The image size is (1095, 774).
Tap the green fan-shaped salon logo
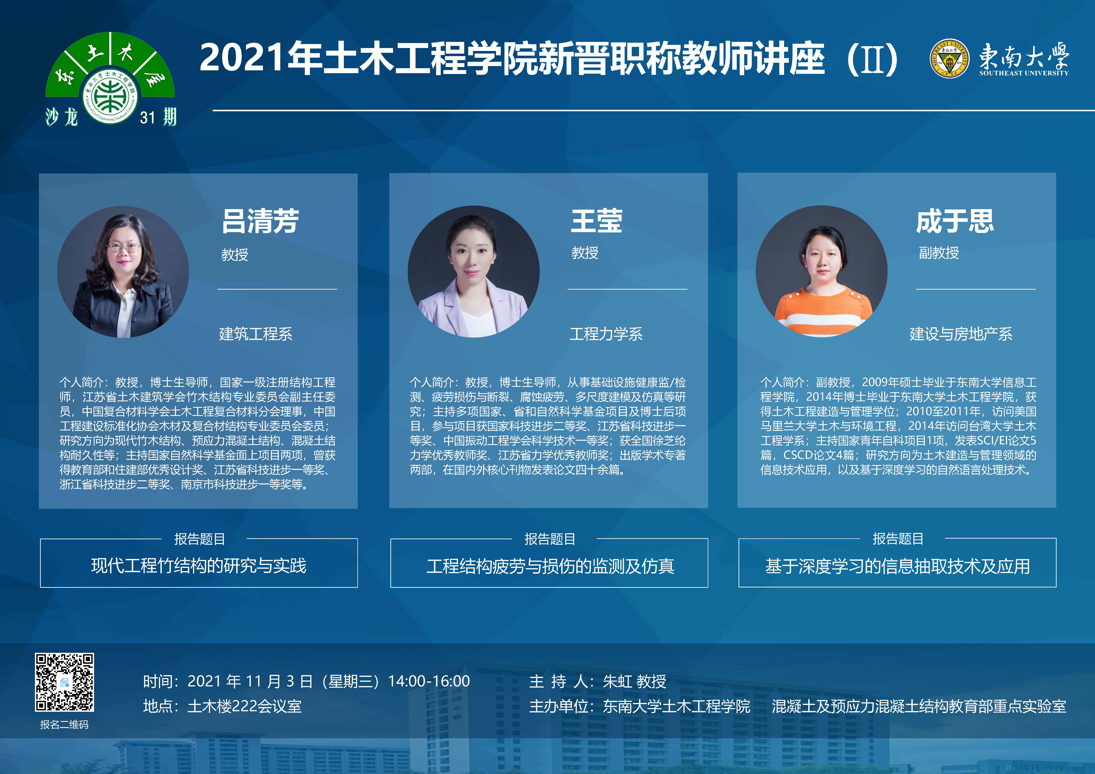pos(110,79)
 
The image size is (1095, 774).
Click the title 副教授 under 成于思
pos(939,253)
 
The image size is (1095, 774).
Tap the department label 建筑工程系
pos(256,334)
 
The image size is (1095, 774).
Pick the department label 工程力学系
pos(606,334)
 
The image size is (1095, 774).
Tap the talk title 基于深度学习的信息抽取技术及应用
pos(897,566)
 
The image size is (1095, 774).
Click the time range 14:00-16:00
pos(429,681)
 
